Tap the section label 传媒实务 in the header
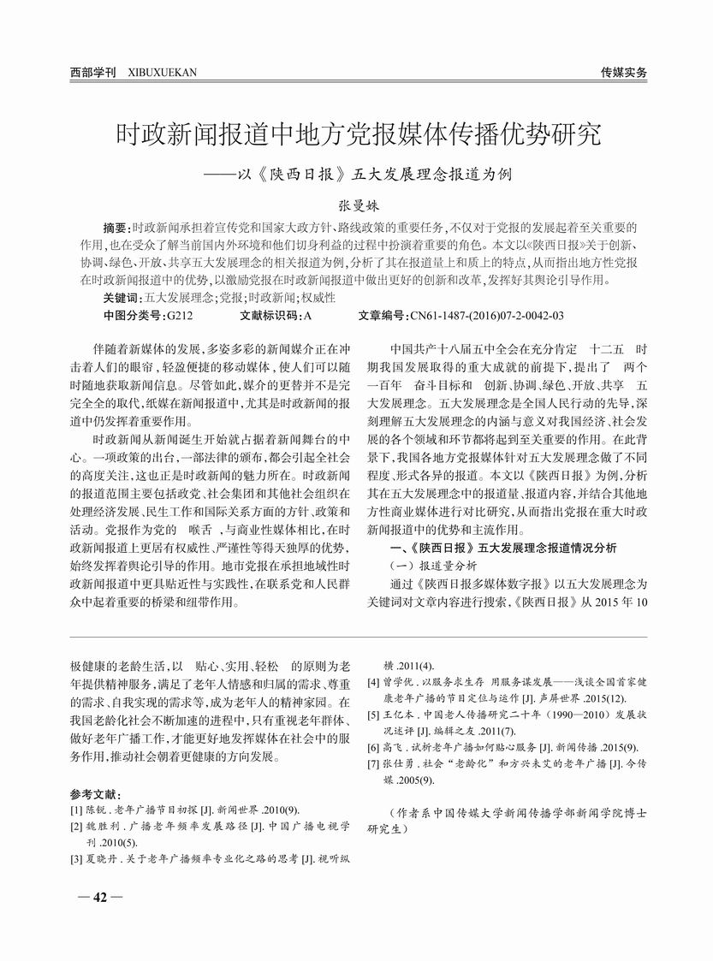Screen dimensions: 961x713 (623, 72)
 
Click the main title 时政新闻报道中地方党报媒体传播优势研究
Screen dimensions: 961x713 (358, 134)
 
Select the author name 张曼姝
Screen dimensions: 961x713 (357, 205)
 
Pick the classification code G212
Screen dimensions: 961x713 (179, 315)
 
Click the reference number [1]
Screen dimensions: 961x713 (77, 809)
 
